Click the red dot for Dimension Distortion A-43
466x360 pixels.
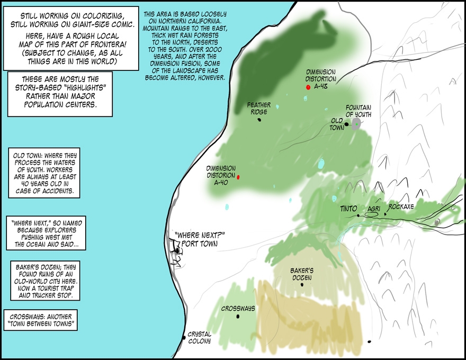pyautogui.click(x=308, y=87)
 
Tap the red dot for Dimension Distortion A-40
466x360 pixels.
pyautogui.click(x=238, y=177)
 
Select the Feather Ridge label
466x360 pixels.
pyautogui.click(x=259, y=109)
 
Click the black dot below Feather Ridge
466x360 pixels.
pyautogui.click(x=259, y=120)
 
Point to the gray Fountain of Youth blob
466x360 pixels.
pyautogui.click(x=356, y=124)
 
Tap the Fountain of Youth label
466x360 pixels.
pyautogui.click(x=359, y=110)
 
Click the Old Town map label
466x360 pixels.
pyautogui.click(x=337, y=124)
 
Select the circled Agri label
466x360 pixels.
pyautogui.click(x=374, y=209)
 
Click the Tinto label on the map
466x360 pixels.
pyautogui.click(x=348, y=209)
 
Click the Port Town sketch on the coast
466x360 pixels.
pyautogui.click(x=176, y=253)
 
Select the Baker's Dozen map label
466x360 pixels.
pyautogui.click(x=302, y=274)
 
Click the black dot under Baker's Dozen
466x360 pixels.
pyautogui.click(x=302, y=285)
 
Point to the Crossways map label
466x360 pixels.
pyautogui.click(x=238, y=308)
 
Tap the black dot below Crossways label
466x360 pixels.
pyautogui.click(x=238, y=317)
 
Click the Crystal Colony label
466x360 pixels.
pyautogui.click(x=200, y=337)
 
